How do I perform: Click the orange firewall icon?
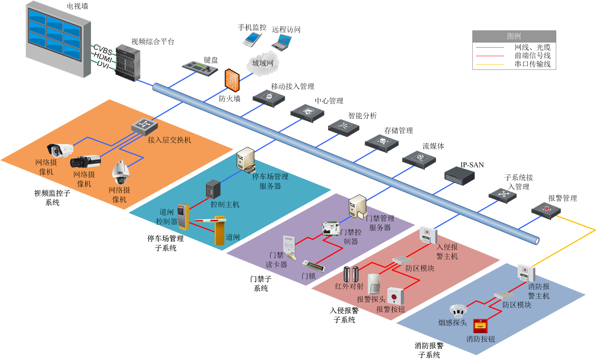tap(232, 80)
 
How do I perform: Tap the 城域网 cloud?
tap(263, 63)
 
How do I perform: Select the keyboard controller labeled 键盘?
tap(200, 68)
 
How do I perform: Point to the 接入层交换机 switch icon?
tap(144, 127)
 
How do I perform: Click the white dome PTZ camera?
tap(121, 172)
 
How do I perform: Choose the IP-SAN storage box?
tap(459, 176)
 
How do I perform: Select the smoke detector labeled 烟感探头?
tap(458, 310)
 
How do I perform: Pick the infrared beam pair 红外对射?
tap(351, 274)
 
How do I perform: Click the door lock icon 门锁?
tap(313, 266)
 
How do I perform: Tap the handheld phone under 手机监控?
tap(252, 40)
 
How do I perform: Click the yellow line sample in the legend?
tap(490, 64)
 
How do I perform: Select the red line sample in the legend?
tap(490, 56)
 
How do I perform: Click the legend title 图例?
tap(514, 36)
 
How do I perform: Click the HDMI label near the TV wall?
tap(103, 57)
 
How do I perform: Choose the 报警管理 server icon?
tap(546, 211)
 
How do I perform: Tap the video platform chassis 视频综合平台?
tap(128, 63)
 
